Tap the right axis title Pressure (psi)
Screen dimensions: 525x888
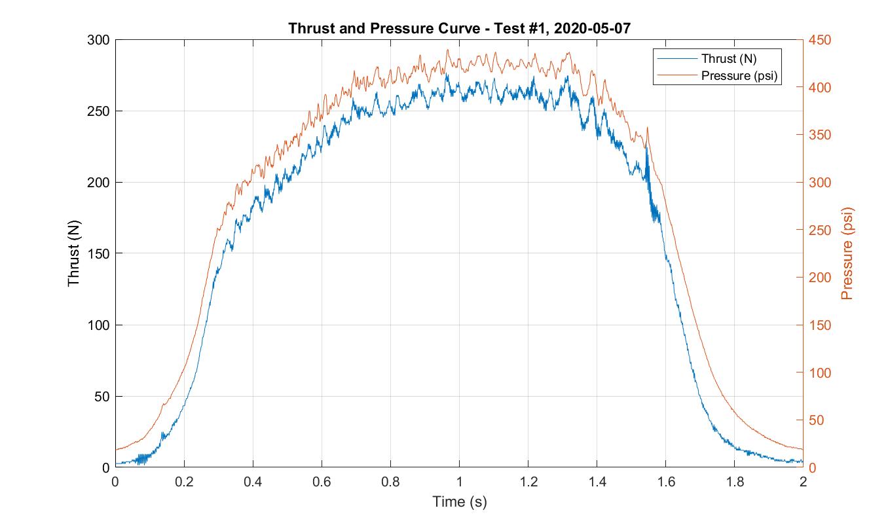tap(847, 253)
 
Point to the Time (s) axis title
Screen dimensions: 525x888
tap(459, 502)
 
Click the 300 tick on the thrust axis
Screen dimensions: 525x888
tap(99, 40)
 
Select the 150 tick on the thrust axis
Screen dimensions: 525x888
tap(99, 253)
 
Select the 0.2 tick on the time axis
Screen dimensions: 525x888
tap(184, 482)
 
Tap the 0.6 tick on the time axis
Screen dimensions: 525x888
tap(322, 482)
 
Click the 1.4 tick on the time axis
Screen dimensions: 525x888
tap(597, 482)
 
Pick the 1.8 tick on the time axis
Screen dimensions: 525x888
tap(734, 482)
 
